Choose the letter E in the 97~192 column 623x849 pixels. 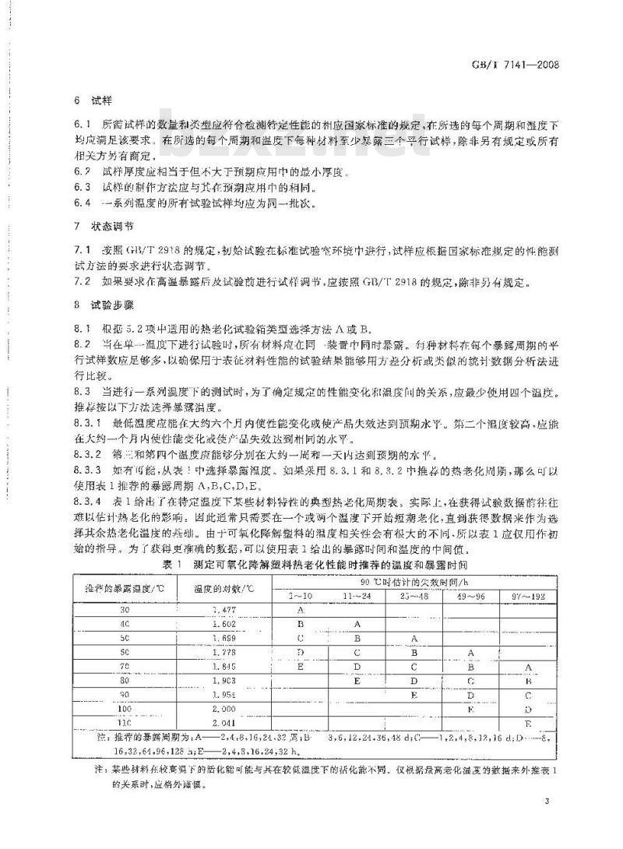click(x=528, y=724)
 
